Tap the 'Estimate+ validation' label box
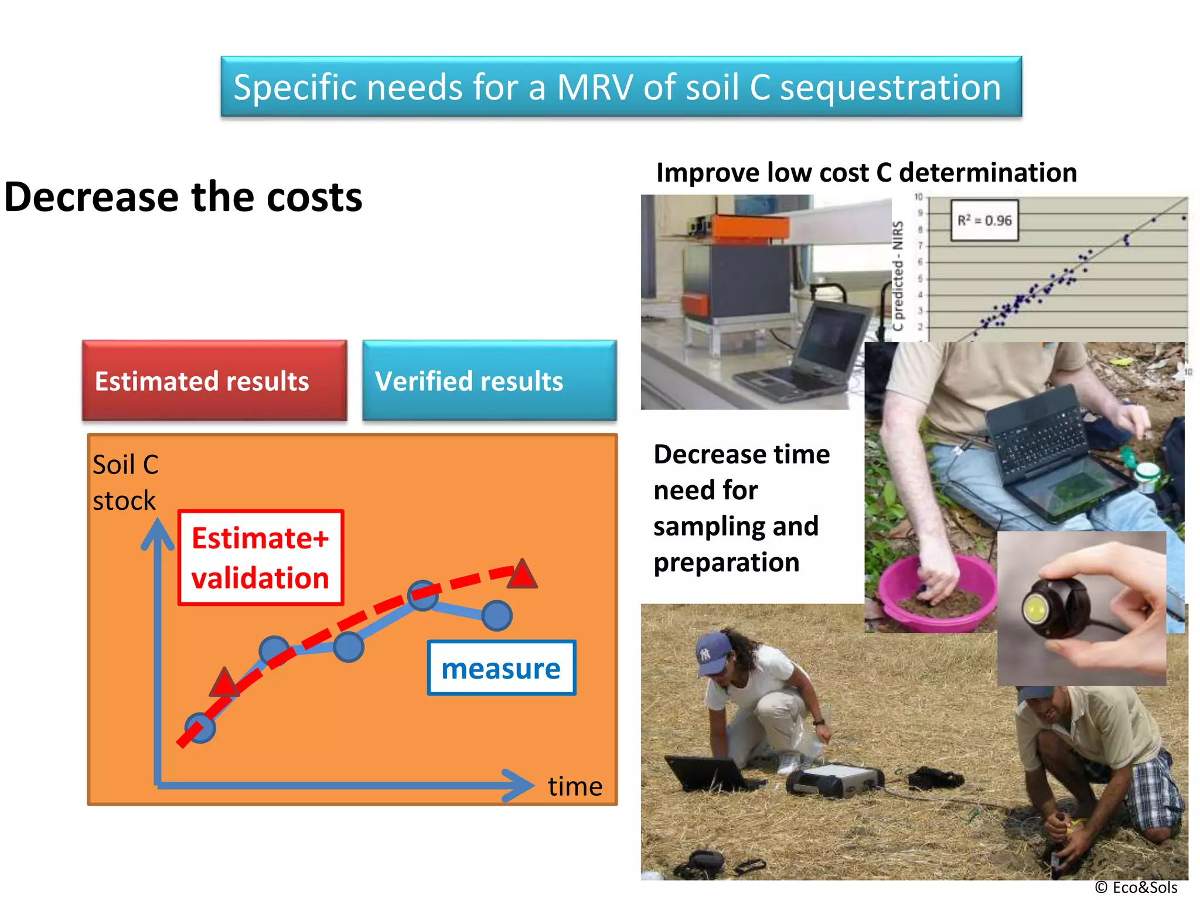(261, 558)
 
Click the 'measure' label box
(502, 668)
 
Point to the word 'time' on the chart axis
(575, 786)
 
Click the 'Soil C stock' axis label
(125, 482)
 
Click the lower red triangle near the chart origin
(224, 683)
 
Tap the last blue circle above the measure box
(497, 616)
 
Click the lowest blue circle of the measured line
(200, 728)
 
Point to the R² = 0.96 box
(984, 221)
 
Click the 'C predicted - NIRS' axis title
(898, 275)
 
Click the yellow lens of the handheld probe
(1035, 610)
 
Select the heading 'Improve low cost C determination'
(866, 173)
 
